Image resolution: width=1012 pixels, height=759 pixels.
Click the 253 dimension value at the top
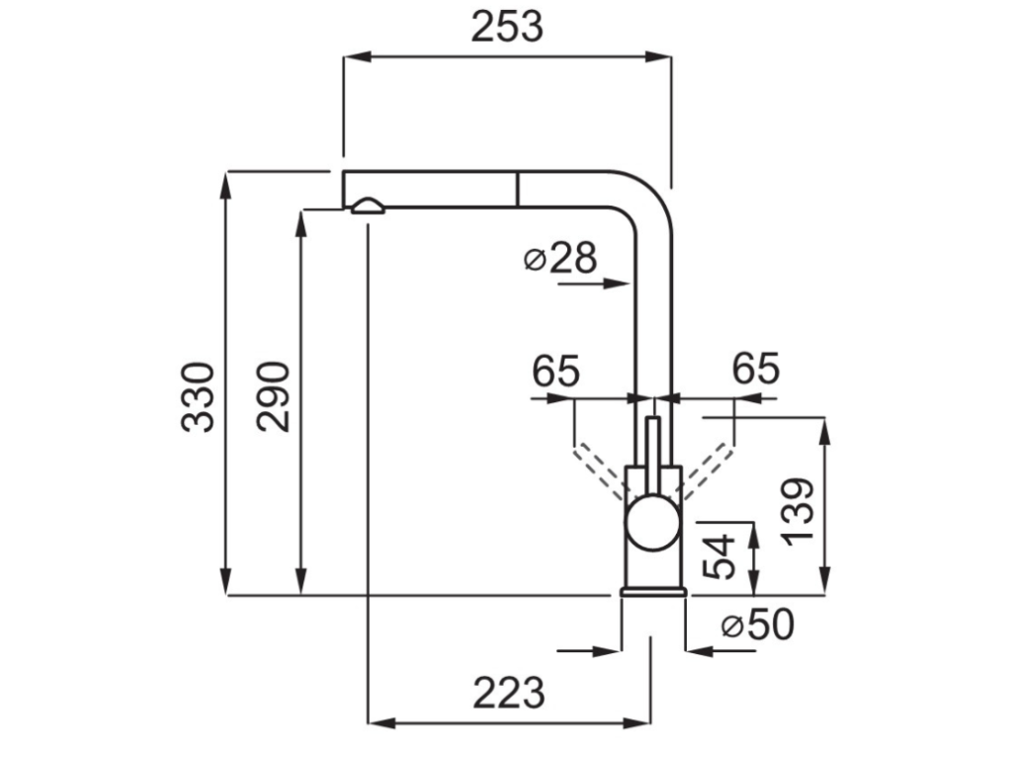pos(507,28)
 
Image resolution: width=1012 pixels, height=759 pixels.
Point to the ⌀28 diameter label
pos(560,258)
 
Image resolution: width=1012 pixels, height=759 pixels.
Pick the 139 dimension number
pos(798,510)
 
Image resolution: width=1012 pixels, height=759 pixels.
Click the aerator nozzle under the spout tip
pos(368,205)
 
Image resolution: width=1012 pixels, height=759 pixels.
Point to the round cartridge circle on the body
pos(652,521)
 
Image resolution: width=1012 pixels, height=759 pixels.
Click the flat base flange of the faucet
pos(652,591)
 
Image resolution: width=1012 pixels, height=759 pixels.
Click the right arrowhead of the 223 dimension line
pos(641,719)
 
